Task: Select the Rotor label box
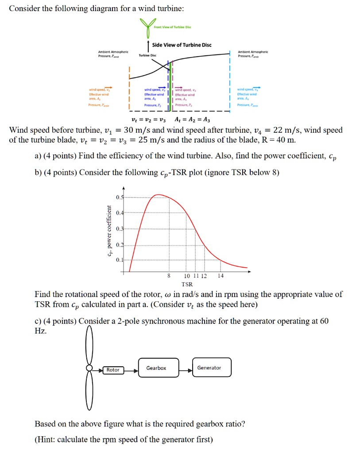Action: (x=113, y=370)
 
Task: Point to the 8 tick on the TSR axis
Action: (x=169, y=276)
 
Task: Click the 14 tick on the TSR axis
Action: (x=221, y=276)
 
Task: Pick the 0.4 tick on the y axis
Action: (x=118, y=213)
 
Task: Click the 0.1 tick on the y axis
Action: (x=118, y=260)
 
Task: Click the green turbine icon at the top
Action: (x=146, y=27)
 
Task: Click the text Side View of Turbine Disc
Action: (x=182, y=45)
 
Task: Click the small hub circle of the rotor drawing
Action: (x=89, y=368)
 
